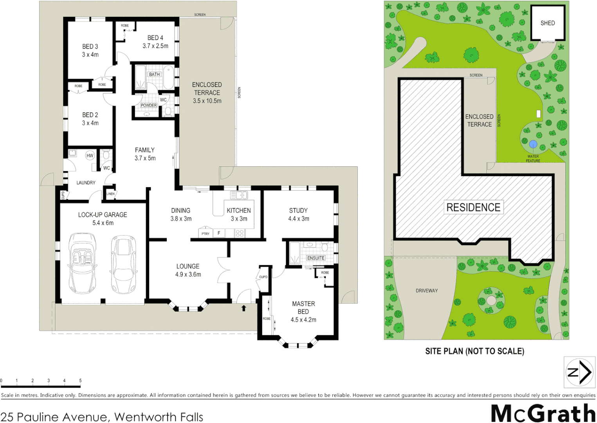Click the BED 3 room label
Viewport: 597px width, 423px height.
90,46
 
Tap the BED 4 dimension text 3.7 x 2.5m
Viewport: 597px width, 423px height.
155,46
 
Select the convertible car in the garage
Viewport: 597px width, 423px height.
82,263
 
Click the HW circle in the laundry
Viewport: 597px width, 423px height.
90,155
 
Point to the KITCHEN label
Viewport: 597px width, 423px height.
239,210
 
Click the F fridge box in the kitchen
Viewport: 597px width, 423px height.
219,233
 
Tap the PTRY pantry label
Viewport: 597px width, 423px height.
206,234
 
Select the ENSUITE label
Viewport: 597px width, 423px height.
316,258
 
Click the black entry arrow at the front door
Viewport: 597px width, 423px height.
243,308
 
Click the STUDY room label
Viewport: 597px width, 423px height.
298,210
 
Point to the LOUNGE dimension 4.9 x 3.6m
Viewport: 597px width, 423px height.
188,275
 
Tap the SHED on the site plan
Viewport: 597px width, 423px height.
548,23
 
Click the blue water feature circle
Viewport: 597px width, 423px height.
533,144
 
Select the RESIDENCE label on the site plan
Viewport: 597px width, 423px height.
473,207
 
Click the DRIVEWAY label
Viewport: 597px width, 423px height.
427,291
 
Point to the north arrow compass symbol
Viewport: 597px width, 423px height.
579,372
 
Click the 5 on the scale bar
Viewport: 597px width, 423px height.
80,380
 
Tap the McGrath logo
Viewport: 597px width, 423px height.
543,413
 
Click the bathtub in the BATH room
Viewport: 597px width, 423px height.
168,77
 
